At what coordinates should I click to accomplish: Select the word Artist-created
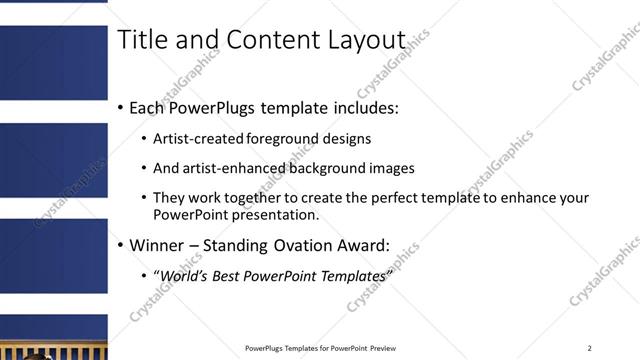pyautogui.click(x=197, y=139)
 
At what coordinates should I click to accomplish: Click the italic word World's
pyautogui.click(x=183, y=275)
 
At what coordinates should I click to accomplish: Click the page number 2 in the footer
pyautogui.click(x=590, y=348)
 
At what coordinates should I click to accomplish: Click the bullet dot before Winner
pyautogui.click(x=121, y=245)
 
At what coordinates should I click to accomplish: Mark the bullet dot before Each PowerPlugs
pyautogui.click(x=121, y=107)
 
